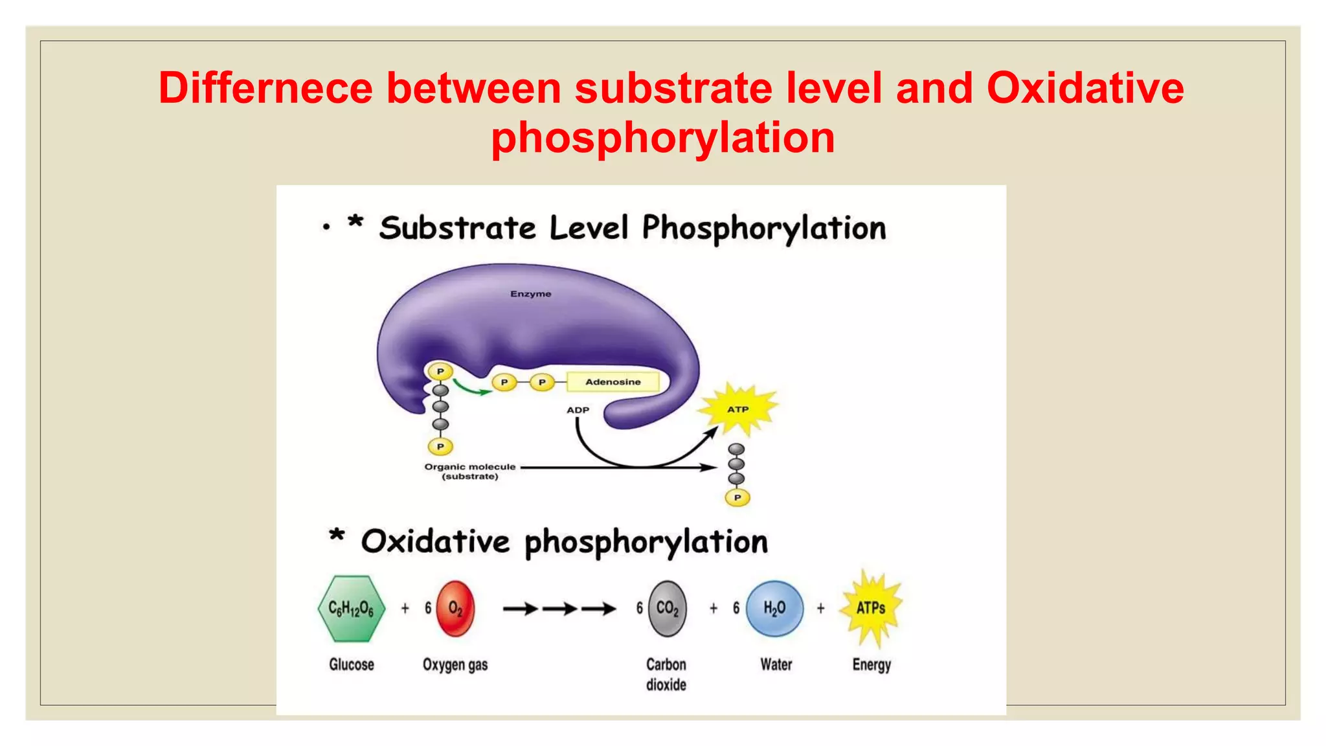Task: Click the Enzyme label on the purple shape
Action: point(530,294)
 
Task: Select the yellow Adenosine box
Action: point(612,382)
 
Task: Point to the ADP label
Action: point(578,410)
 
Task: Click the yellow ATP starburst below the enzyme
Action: point(737,409)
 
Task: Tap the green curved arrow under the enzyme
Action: point(471,388)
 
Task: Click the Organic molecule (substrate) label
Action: point(470,471)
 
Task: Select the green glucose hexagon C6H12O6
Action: point(351,609)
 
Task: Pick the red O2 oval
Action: point(455,609)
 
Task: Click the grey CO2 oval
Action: point(667,609)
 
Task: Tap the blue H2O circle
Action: point(774,609)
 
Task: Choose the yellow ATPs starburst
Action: point(871,608)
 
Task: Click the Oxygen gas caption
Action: point(455,664)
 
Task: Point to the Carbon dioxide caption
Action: point(666,674)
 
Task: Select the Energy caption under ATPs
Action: point(871,664)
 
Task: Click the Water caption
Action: point(776,664)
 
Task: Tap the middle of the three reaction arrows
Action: point(559,609)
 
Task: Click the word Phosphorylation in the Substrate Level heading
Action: point(764,228)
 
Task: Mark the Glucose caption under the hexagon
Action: point(352,664)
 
